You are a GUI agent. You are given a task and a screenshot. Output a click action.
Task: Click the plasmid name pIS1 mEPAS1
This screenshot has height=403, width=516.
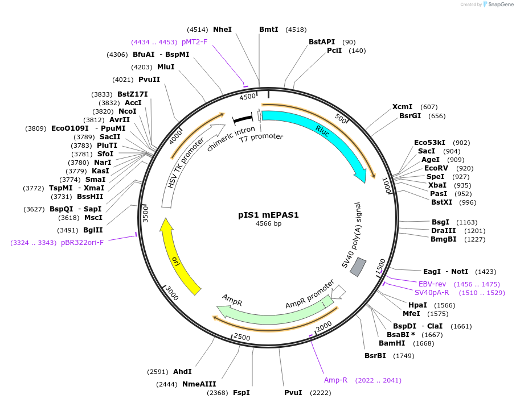(x=268, y=215)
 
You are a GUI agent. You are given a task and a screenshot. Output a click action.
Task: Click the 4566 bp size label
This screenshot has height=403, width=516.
(x=268, y=223)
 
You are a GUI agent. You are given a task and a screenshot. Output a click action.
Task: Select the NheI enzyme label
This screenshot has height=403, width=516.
(x=222, y=29)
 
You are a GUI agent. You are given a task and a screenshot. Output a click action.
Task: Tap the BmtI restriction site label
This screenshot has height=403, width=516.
(x=268, y=29)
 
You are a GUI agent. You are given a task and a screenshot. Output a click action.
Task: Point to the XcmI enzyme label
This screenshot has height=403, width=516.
(x=402, y=107)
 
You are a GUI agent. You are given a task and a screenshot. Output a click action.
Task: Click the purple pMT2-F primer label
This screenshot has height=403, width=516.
(x=195, y=41)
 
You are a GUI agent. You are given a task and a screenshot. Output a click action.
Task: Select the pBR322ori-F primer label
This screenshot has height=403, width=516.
(x=83, y=243)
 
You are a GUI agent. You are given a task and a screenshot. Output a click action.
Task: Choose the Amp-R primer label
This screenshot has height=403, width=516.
(x=335, y=380)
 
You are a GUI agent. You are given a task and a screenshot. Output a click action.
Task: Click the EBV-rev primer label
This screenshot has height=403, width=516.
(x=432, y=284)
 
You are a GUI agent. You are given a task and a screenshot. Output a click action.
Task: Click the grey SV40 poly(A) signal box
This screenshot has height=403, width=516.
(x=358, y=267)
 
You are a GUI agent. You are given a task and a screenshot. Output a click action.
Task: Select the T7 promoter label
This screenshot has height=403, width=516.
(x=261, y=137)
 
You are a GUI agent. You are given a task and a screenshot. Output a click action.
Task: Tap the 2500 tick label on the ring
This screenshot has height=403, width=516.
(x=242, y=338)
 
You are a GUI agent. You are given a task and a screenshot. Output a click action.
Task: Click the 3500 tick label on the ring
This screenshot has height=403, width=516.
(x=145, y=213)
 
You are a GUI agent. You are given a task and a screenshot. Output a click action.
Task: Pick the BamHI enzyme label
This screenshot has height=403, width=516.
(x=392, y=343)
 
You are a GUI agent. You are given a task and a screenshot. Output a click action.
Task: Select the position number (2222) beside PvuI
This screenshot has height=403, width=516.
(x=320, y=393)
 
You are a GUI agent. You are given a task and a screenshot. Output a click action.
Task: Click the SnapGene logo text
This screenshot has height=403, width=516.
(x=499, y=5)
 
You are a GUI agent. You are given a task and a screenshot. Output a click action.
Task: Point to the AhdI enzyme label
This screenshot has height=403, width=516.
(x=182, y=372)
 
